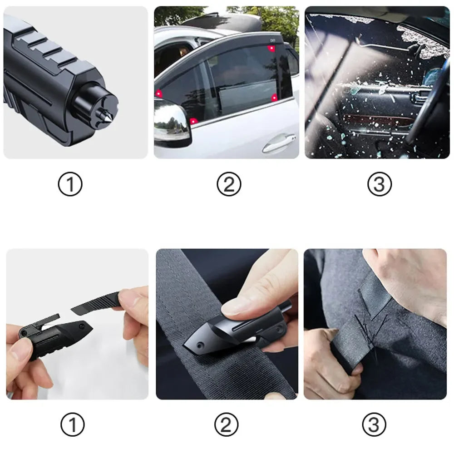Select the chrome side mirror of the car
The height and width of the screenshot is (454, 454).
coord(172,123)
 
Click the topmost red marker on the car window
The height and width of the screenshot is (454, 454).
coord(271,48)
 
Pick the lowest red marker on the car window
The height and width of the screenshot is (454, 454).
coord(193,121)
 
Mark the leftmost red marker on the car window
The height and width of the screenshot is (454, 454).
coord(158,94)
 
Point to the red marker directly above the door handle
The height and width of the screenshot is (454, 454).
coord(274,98)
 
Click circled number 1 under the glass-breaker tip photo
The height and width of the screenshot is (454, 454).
coord(70,184)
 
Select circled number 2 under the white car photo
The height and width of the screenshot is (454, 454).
coord(229,184)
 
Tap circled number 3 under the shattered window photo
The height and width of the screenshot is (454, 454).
coord(379,184)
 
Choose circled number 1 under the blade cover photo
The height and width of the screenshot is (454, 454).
coord(73,424)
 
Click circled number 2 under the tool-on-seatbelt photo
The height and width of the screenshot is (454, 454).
coord(227,424)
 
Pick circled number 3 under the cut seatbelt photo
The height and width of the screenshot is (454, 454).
coord(374,424)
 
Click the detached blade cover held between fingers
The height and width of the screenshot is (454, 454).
coord(95,303)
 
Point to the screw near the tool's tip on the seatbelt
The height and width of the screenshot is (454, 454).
coord(200,345)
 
